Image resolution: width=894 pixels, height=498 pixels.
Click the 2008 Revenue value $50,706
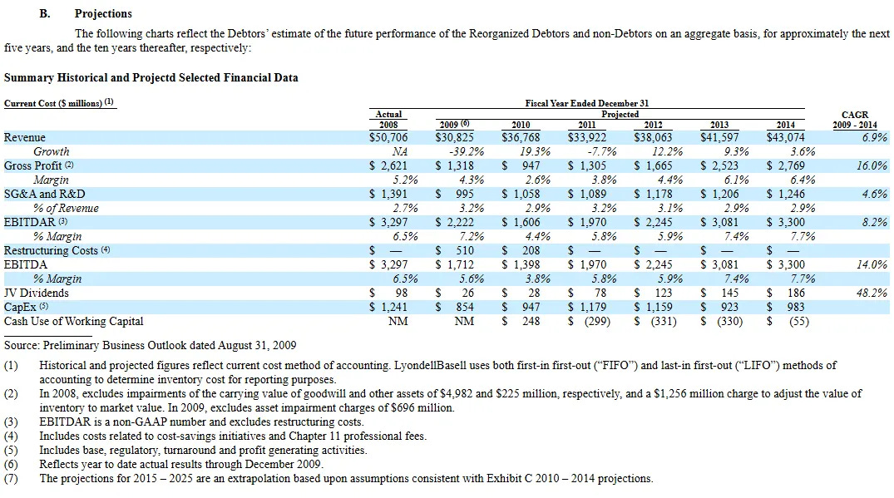pyautogui.click(x=388, y=138)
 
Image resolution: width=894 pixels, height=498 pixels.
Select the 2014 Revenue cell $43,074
pyautogui.click(x=786, y=138)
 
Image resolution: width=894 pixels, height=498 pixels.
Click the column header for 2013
pyautogui.click(x=719, y=125)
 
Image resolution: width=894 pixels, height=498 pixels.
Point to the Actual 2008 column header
pyautogui.click(x=388, y=119)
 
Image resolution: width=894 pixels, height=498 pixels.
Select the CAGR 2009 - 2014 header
pyautogui.click(x=855, y=120)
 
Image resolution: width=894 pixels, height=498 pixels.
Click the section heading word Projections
pyautogui.click(x=103, y=14)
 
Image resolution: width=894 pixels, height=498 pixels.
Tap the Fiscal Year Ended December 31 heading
pyautogui.click(x=587, y=104)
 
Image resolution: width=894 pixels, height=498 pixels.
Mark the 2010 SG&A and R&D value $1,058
pyautogui.click(x=521, y=195)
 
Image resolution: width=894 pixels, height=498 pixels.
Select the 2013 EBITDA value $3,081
pyautogui.click(x=720, y=265)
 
